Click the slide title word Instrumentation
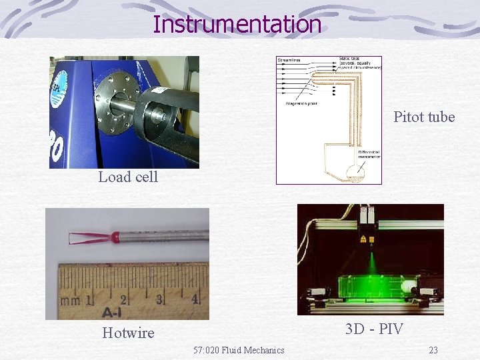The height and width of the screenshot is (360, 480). tap(237, 24)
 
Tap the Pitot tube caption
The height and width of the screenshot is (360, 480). tap(424, 117)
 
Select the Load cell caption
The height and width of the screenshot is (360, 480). tap(128, 177)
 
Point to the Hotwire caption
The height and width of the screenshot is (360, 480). tap(128, 333)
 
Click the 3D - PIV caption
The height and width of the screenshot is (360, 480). tap(374, 329)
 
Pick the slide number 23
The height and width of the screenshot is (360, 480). tap(433, 350)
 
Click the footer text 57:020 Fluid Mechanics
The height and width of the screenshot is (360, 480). tap(239, 350)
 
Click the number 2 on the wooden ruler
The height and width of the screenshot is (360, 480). tap(123, 299)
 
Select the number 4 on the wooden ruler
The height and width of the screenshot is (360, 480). tap(195, 299)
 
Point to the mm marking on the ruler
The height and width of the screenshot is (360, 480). tap(70, 301)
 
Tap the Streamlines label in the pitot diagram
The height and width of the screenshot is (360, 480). tap(289, 61)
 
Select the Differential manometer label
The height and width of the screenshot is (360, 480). tap(369, 156)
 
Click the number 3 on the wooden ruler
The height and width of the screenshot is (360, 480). tap(159, 299)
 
